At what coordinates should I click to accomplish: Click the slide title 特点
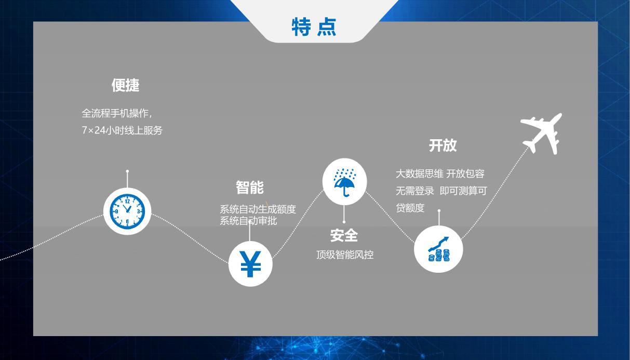[x=314, y=27]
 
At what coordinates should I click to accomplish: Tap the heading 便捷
[x=126, y=85]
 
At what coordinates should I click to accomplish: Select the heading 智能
[x=250, y=188]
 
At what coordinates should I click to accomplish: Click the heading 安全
[x=344, y=235]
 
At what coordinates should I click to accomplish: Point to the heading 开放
[x=443, y=145]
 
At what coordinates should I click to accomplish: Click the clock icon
[x=127, y=211]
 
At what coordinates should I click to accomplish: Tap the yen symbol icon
[x=250, y=264]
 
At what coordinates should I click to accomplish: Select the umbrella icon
[x=344, y=183]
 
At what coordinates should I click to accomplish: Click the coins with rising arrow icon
[x=438, y=249]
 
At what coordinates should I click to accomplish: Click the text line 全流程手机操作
[x=115, y=113]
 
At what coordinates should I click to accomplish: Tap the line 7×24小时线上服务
[x=122, y=130]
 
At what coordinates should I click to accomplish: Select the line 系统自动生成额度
[x=258, y=209]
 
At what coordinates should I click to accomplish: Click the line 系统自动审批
[x=248, y=221]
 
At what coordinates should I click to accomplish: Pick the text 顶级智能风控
[x=345, y=255]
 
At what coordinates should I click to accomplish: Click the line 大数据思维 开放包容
[x=440, y=174]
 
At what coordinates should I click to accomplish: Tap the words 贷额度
[x=410, y=208]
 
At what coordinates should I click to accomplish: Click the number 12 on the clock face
[x=127, y=201]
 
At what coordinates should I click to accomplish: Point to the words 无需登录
[x=415, y=191]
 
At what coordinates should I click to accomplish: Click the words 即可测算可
[x=463, y=191]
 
